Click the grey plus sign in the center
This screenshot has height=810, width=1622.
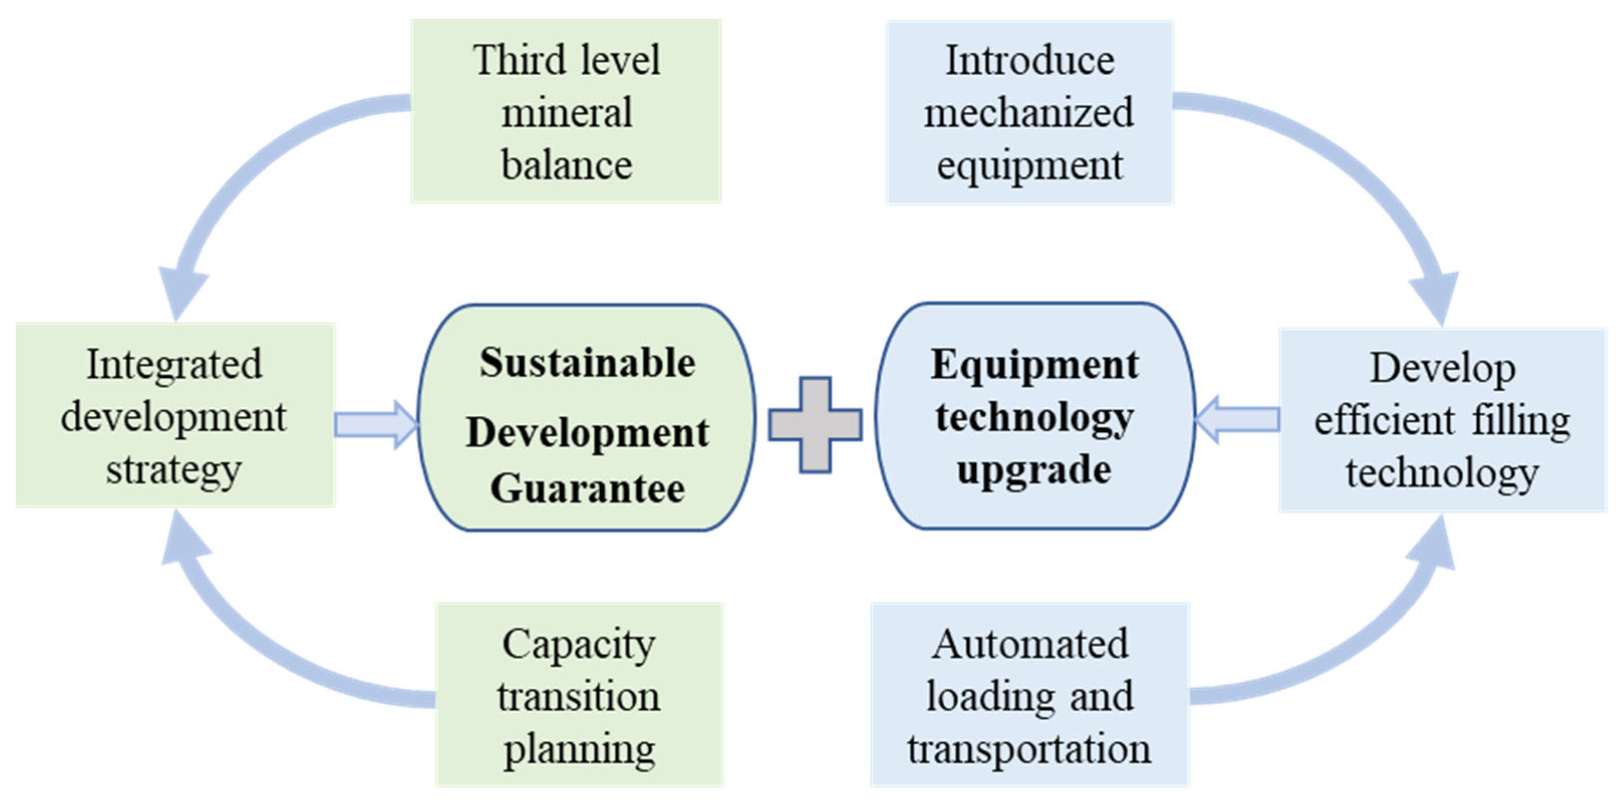815,424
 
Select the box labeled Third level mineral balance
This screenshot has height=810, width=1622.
566,111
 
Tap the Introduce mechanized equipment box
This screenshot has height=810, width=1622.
1029,112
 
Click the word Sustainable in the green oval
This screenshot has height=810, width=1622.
587,363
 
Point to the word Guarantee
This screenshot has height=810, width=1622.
587,489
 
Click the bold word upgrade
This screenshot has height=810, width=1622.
1034,469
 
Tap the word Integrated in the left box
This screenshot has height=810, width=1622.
175,365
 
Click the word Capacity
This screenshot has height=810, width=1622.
578,644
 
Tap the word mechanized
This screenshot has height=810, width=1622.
1029,113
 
